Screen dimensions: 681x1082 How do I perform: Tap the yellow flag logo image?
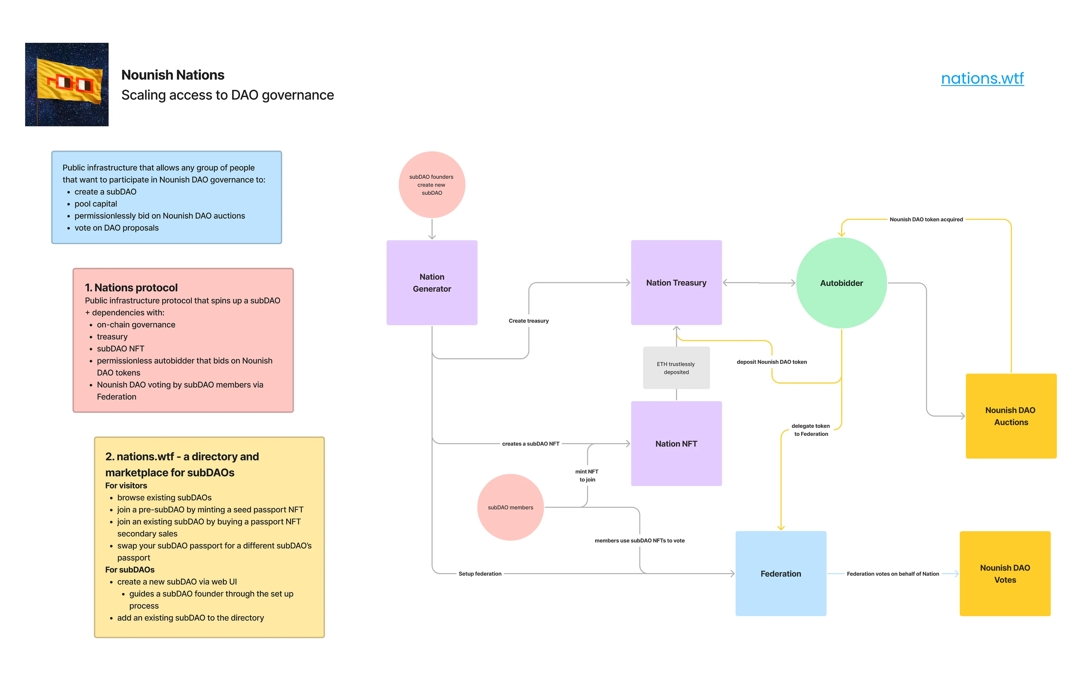(66, 85)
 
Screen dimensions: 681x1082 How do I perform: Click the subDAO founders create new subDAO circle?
(431, 185)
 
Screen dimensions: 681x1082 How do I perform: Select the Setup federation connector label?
(480, 574)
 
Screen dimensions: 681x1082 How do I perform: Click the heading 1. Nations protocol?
(131, 288)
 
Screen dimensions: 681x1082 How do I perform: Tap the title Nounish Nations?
(172, 75)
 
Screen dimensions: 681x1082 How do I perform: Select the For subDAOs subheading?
(130, 570)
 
